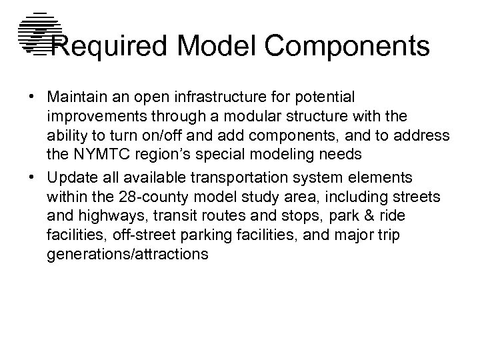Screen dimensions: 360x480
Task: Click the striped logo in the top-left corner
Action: [x=37, y=33]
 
